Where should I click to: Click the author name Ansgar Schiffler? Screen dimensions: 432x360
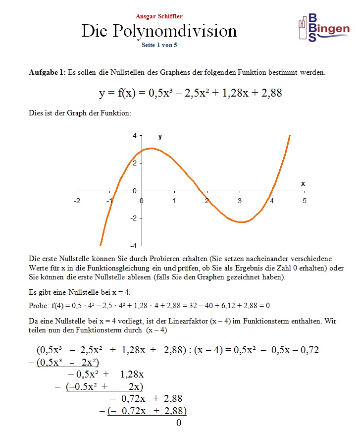tap(159, 16)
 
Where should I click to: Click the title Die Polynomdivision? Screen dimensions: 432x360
tap(159, 31)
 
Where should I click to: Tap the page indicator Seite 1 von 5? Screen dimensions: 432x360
tap(159, 44)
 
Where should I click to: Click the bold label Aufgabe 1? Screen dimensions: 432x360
tap(47, 72)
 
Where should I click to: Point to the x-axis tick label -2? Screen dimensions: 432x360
tap(77, 201)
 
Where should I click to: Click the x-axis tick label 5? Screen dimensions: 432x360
tap(305, 201)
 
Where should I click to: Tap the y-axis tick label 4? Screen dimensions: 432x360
tap(134, 136)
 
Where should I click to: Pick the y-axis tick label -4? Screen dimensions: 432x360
tap(133, 246)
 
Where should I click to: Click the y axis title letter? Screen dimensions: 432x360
tap(160, 137)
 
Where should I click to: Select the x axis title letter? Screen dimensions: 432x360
tap(303, 183)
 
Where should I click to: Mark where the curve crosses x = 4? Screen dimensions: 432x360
tap(271, 191)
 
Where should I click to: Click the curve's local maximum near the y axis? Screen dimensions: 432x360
tap(152, 148)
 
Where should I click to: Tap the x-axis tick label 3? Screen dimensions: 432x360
tap(240, 201)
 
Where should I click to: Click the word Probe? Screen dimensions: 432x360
tap(39, 306)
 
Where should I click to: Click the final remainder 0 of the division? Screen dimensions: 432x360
tap(179, 423)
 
